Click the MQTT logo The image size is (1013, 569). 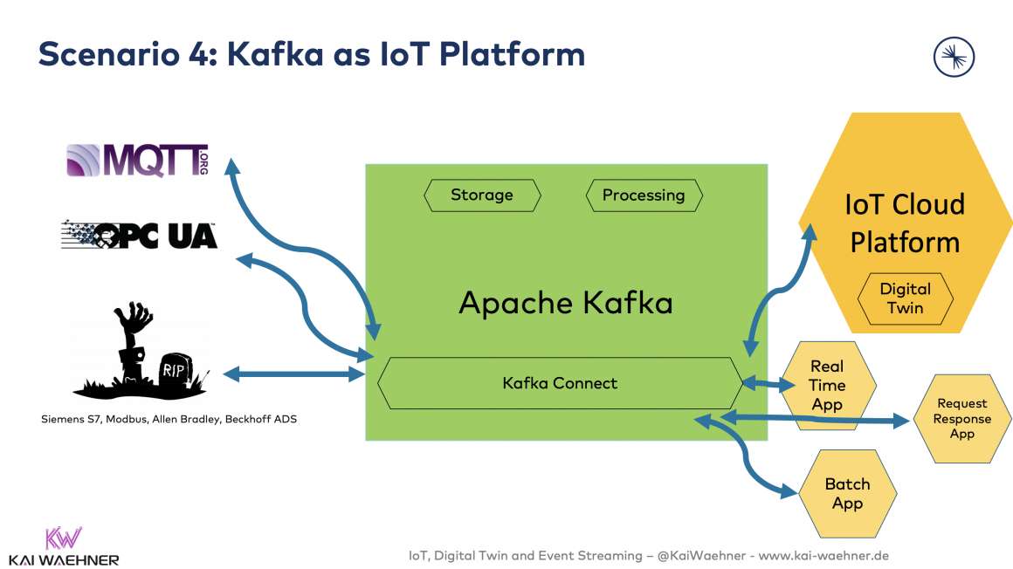138,161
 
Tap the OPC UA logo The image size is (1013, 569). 140,235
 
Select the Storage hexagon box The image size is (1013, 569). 482,195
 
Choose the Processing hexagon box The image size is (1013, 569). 644,195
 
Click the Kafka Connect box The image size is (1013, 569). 560,383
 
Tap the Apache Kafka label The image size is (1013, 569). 566,303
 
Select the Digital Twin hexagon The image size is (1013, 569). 905,298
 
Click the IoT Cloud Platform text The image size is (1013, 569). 905,223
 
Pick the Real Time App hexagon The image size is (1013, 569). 827,385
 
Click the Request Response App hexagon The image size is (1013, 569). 962,419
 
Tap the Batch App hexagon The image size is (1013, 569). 847,494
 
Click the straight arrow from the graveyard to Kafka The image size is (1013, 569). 294,374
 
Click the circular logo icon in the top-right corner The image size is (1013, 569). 954,58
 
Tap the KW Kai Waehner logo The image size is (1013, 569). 63,546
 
